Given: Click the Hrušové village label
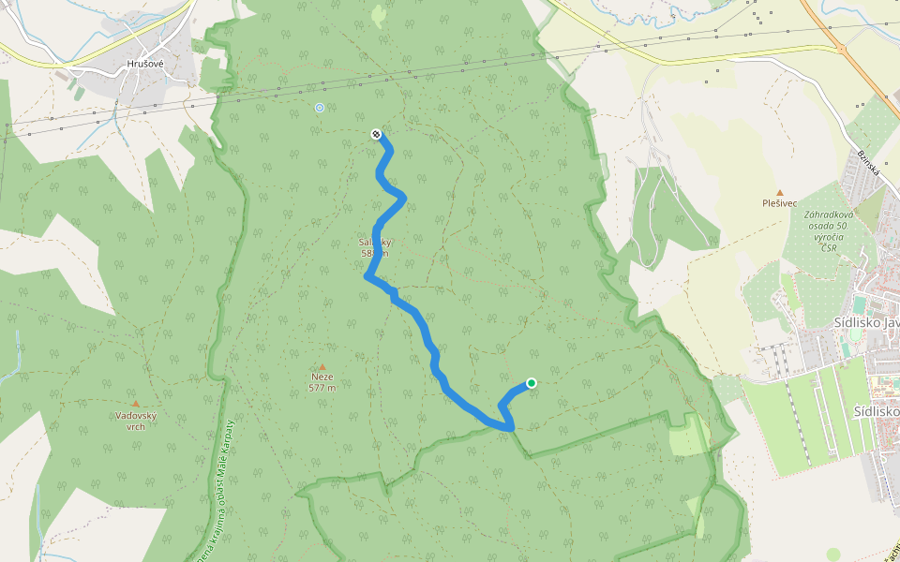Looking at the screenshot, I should point(145,65).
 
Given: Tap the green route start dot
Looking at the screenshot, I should point(532,382).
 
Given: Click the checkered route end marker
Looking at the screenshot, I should point(376,134).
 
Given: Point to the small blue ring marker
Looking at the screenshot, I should point(320,108).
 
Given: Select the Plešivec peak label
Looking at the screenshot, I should point(779,202).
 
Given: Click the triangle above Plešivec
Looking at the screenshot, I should point(779,192).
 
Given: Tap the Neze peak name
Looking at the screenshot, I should point(322,377).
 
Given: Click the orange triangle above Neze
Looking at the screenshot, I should point(322,366).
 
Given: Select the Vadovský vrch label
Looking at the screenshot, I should point(136,420).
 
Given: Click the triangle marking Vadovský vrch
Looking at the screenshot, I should point(136,404).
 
